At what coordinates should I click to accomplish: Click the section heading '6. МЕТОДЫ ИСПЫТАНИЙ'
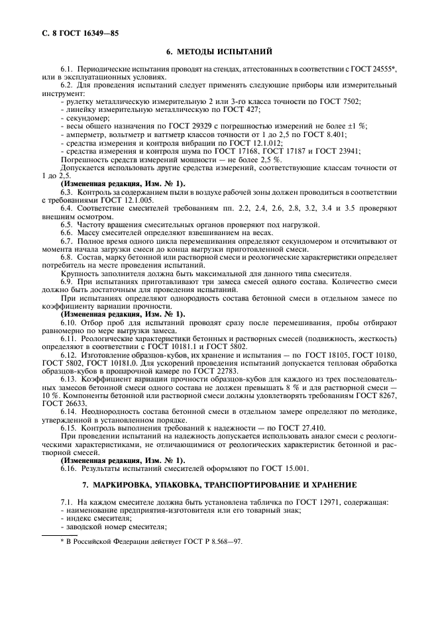point(219,52)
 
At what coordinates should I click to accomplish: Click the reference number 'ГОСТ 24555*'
point(372,69)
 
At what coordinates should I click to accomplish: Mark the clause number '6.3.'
point(68,191)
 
